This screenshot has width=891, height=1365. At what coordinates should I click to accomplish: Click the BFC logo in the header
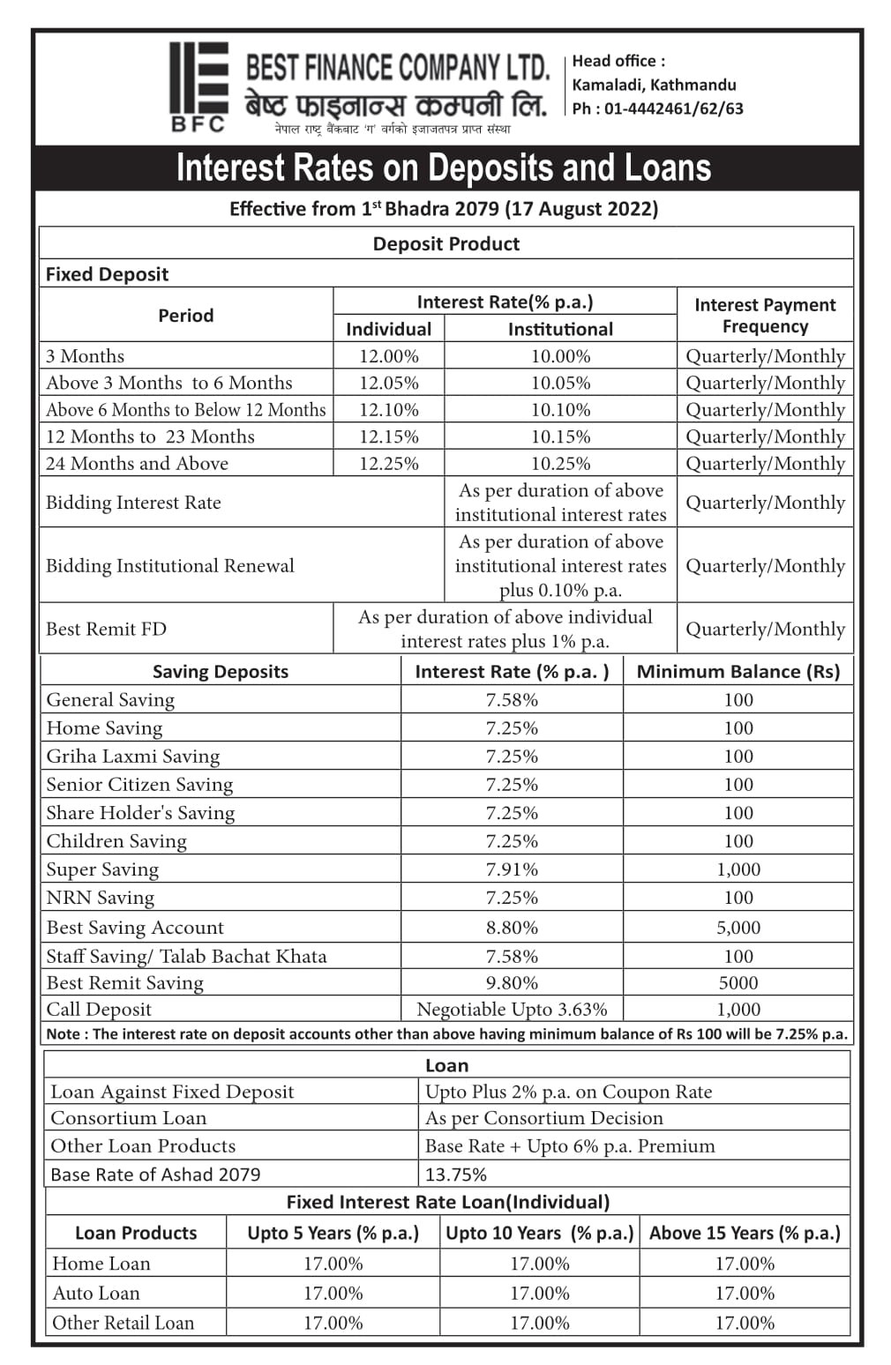pyautogui.click(x=198, y=86)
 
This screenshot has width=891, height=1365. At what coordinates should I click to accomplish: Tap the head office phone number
pyautogui.click(x=657, y=108)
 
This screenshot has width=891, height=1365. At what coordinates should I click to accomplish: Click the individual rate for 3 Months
pyautogui.click(x=388, y=356)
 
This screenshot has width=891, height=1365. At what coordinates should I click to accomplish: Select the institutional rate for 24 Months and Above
pyautogui.click(x=560, y=464)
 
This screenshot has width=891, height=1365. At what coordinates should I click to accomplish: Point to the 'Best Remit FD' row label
pyautogui.click(x=106, y=629)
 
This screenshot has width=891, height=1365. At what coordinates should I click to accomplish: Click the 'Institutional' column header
pyautogui.click(x=560, y=329)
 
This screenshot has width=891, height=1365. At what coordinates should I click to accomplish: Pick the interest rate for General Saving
pyautogui.click(x=512, y=699)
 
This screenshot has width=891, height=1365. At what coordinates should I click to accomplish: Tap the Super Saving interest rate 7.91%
pyautogui.click(x=512, y=869)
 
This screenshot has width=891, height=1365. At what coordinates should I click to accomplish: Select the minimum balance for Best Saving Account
pyautogui.click(x=738, y=928)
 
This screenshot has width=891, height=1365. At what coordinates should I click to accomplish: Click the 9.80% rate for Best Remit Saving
pyautogui.click(x=512, y=983)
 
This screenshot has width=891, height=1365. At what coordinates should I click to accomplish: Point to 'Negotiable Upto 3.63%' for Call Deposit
pyautogui.click(x=512, y=1010)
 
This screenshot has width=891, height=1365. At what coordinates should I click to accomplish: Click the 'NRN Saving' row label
pyautogui.click(x=101, y=898)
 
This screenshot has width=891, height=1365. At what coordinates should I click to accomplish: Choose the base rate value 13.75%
pyautogui.click(x=456, y=1175)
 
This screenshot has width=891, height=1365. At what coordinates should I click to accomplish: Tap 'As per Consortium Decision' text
pyautogui.click(x=544, y=1118)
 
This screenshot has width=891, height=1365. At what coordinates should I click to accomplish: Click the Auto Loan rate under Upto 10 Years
pyautogui.click(x=540, y=1294)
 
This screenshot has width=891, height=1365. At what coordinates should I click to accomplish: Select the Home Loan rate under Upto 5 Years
pyautogui.click(x=333, y=1264)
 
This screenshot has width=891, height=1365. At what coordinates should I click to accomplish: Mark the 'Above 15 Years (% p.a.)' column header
pyautogui.click(x=745, y=1233)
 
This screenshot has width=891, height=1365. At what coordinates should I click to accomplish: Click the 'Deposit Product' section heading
pyautogui.click(x=446, y=244)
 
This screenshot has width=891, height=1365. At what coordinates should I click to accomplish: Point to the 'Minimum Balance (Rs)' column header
pyautogui.click(x=738, y=672)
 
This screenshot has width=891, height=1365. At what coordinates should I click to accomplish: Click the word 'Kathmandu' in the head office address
pyautogui.click(x=693, y=85)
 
